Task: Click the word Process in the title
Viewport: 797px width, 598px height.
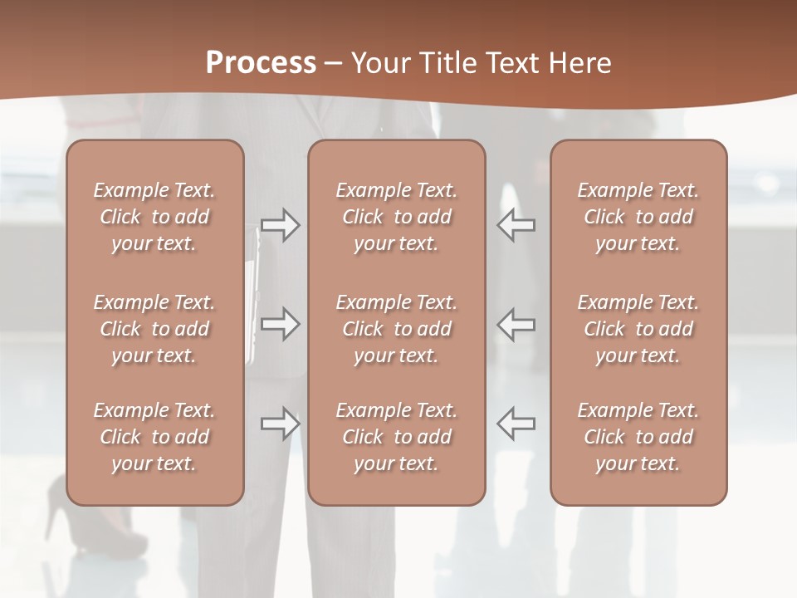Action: [261, 63]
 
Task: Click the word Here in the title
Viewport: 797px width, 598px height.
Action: [578, 63]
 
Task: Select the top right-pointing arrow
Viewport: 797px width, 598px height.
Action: [280, 225]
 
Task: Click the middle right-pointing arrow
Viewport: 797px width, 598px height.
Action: [280, 324]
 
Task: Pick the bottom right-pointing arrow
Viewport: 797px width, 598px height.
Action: [280, 424]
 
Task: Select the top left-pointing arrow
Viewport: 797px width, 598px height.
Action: [516, 225]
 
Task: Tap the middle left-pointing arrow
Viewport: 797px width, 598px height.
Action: [516, 324]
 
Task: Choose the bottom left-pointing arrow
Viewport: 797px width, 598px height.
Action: [516, 424]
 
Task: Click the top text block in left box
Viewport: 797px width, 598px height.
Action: [154, 217]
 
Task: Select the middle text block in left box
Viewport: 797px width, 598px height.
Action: [154, 329]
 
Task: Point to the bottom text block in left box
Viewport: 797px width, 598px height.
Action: [154, 437]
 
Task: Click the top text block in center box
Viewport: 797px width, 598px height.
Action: [396, 217]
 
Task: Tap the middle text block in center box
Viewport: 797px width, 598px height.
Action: [396, 329]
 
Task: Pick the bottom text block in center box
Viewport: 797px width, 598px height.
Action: [396, 437]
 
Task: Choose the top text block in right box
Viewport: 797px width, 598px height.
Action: [638, 217]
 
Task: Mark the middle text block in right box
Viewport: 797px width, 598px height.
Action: [638, 329]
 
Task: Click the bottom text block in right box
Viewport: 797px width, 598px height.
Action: [638, 437]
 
